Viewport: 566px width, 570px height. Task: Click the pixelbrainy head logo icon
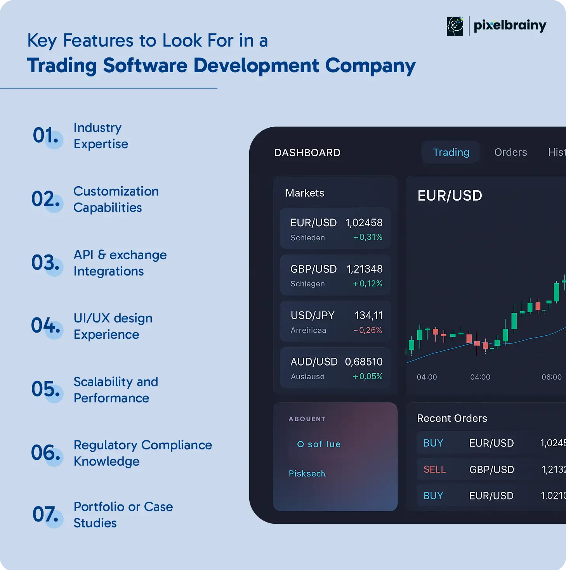pyautogui.click(x=455, y=26)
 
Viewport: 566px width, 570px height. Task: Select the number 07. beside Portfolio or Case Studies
pyautogui.click(x=45, y=514)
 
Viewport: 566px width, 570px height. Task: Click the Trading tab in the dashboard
pyautogui.click(x=451, y=152)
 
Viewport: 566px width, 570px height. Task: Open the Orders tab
pyautogui.click(x=510, y=152)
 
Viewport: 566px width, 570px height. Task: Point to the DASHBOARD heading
pyautogui.click(x=307, y=153)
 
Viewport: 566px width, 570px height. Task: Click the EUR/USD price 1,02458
pyautogui.click(x=364, y=223)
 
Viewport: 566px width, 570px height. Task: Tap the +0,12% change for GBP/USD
pyautogui.click(x=367, y=284)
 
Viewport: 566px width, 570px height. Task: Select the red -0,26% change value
pyautogui.click(x=368, y=330)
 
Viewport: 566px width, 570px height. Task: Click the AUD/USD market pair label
pyautogui.click(x=314, y=362)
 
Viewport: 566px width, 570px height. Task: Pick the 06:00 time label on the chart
pyautogui.click(x=552, y=377)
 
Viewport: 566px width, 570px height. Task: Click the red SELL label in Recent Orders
pyautogui.click(x=434, y=470)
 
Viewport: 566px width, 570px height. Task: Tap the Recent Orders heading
pyautogui.click(x=452, y=419)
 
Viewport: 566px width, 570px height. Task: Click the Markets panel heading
pyautogui.click(x=305, y=193)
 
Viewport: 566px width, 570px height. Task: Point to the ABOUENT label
pyautogui.click(x=307, y=419)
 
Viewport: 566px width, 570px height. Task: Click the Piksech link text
pyautogui.click(x=307, y=473)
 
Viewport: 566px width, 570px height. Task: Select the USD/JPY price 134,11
pyautogui.click(x=368, y=315)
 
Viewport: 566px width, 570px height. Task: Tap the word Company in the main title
pyautogui.click(x=370, y=66)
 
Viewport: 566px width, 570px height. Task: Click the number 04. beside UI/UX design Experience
pyautogui.click(x=45, y=326)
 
